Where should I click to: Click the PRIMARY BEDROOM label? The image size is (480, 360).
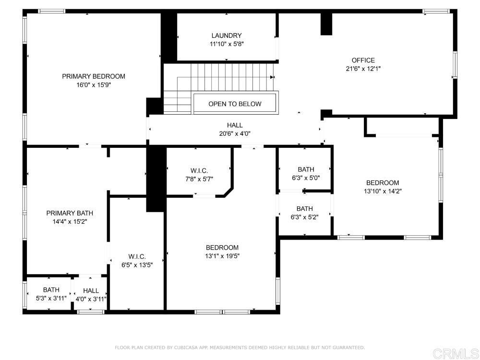(94, 76)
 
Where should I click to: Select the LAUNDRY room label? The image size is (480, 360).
(227, 36)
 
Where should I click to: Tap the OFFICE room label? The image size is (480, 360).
(363, 60)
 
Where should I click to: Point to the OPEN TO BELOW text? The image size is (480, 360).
(235, 104)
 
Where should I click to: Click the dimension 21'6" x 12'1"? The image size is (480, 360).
(363, 69)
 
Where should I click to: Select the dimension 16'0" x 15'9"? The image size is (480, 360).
(94, 85)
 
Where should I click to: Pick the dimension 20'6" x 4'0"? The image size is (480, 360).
(235, 133)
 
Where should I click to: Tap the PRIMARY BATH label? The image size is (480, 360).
(70, 213)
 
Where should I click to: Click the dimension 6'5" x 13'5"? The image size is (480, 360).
(137, 265)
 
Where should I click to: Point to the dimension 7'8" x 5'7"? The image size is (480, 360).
(199, 179)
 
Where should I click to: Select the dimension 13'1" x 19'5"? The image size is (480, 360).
(222, 256)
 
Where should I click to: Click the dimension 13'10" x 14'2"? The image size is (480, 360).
(383, 192)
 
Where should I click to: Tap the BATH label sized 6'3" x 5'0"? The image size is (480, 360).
(306, 169)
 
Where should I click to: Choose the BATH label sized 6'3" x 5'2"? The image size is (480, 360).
(305, 209)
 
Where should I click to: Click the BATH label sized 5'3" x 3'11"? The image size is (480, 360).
(51, 289)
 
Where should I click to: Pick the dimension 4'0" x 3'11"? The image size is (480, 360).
(91, 299)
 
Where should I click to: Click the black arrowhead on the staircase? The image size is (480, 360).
(272, 77)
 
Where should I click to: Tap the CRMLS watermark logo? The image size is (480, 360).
(456, 354)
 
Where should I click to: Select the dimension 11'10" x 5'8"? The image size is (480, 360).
(227, 44)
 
